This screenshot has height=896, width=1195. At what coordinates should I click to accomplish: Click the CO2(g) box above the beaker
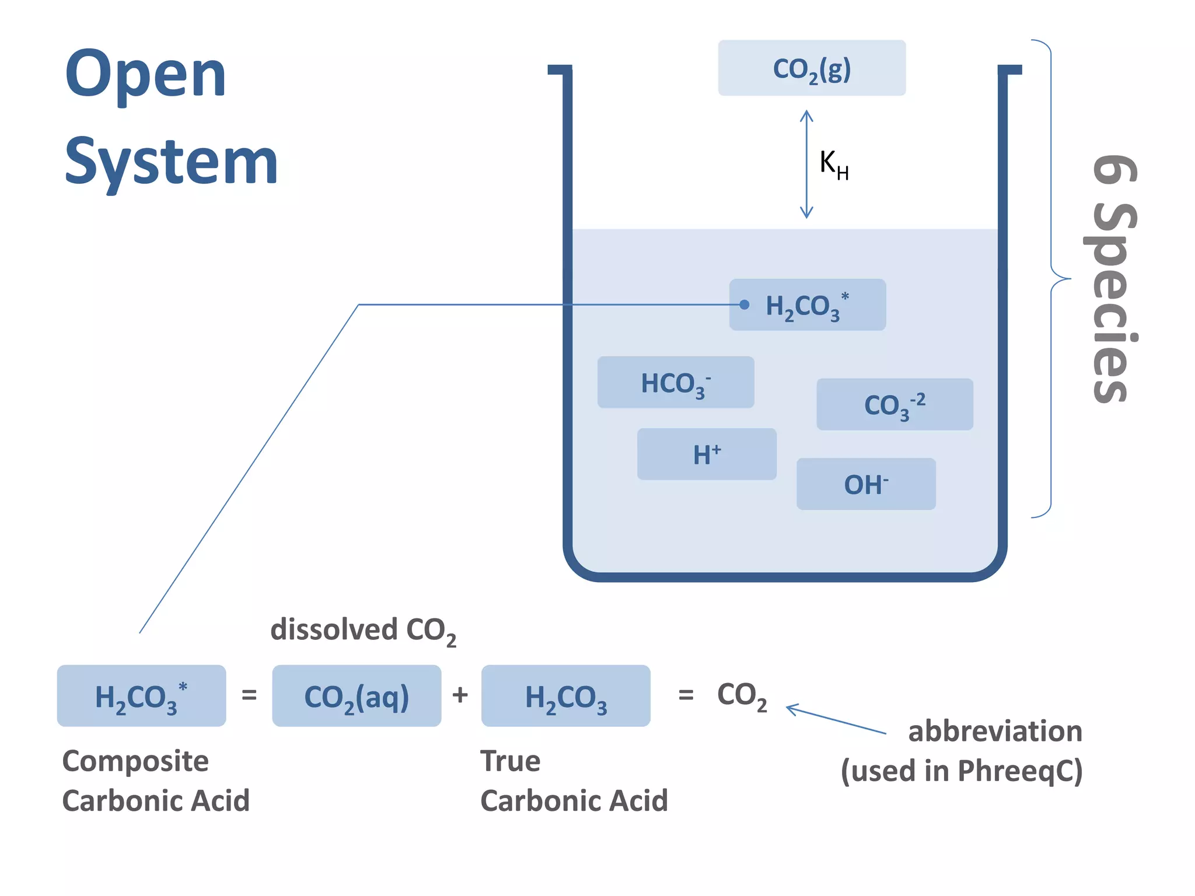(811, 68)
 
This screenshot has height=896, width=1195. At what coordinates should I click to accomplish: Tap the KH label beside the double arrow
(833, 164)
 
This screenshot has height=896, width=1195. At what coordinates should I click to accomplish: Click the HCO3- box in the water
(675, 383)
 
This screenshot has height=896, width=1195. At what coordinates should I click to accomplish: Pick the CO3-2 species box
(894, 405)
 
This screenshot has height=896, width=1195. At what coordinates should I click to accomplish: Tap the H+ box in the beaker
(707, 454)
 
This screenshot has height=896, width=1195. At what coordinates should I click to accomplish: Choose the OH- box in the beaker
(866, 484)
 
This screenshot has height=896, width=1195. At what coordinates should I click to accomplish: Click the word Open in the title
(145, 75)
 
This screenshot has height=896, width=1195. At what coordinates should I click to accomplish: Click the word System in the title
(171, 162)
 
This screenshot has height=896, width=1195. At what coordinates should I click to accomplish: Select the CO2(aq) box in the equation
(357, 696)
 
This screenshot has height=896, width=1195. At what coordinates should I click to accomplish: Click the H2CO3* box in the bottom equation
(141, 696)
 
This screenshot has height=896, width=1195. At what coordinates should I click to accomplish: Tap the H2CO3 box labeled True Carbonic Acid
(565, 696)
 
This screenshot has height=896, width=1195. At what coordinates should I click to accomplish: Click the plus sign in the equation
(460, 695)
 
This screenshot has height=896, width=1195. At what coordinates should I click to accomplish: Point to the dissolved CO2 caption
(363, 631)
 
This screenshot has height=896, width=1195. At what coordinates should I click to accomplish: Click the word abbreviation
(995, 731)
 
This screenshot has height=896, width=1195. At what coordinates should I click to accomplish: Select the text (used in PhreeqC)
(962, 771)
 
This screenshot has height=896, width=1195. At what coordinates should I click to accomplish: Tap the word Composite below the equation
(135, 761)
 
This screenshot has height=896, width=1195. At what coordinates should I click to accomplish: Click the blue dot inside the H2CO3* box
(744, 304)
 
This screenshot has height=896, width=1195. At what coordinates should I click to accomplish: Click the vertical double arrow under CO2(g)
(806, 164)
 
